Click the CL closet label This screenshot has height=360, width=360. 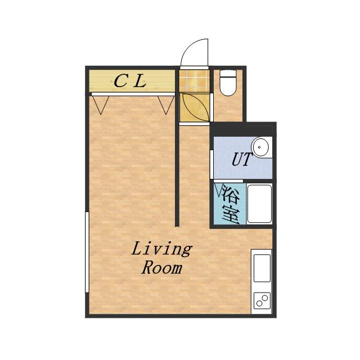point(130,81)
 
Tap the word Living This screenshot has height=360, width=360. point(162,250)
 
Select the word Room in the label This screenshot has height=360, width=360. point(162,268)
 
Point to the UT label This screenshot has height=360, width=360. point(242,159)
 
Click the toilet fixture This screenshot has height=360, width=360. point(228,83)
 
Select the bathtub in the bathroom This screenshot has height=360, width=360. point(259,204)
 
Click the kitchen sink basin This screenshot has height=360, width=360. point(262,268)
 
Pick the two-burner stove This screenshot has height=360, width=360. point(262,300)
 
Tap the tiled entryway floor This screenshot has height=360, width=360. point(194,81)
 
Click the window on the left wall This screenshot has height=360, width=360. point(87,252)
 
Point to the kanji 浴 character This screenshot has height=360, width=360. point(231,194)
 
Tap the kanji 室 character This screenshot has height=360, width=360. point(231,214)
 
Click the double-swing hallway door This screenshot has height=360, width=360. point(195,107)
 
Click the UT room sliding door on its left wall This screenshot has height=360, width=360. point(211,164)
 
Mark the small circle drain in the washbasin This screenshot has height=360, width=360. point(259,147)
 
